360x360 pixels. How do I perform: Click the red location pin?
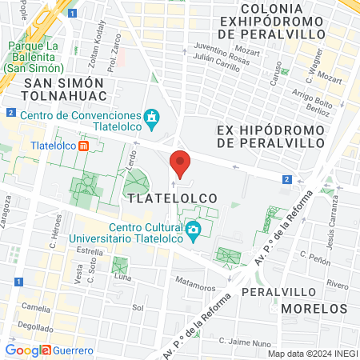coord(181,163)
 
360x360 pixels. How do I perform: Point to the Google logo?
coord(27,350)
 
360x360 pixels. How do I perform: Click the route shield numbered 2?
coord(286,179)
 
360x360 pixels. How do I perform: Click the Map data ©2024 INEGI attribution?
coord(311,354)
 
